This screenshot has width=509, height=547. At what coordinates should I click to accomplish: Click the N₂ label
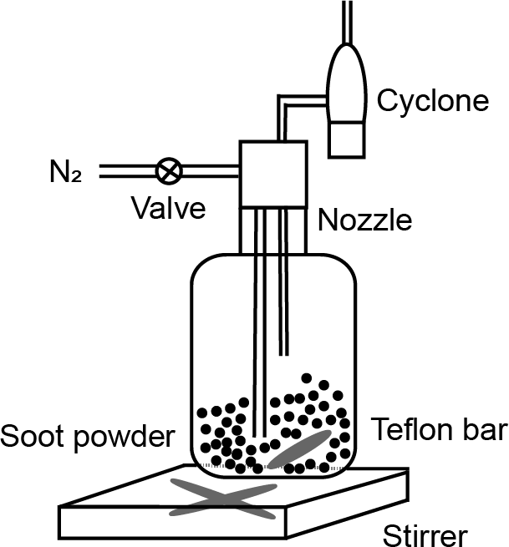[x=65, y=175]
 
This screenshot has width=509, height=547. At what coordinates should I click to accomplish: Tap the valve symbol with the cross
[x=169, y=172]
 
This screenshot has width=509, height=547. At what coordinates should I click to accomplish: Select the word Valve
[x=169, y=207]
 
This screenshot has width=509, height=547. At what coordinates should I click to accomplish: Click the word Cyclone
[x=432, y=100]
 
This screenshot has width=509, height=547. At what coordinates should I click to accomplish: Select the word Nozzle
[x=364, y=220]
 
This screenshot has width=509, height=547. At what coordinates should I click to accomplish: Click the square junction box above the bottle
[x=273, y=174]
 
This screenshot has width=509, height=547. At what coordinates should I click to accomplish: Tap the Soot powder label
[x=88, y=435]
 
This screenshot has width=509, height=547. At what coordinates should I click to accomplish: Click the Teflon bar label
[x=439, y=429]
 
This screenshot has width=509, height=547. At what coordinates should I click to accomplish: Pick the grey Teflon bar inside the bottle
[x=298, y=449]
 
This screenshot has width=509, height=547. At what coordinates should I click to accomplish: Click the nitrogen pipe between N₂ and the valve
[x=125, y=172]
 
